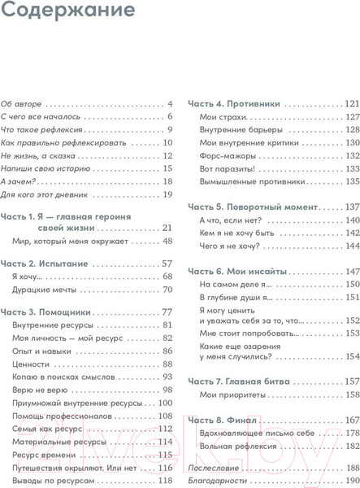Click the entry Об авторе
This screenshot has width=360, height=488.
pyautogui.click(x=21, y=104)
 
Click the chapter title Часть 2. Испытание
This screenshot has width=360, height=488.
pyautogui.click(x=47, y=265)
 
